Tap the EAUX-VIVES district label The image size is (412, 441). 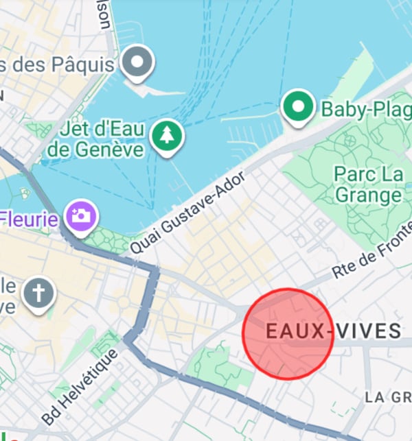coord(333,332)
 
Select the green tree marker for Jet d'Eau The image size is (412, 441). coord(165,136)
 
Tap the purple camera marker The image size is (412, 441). coord(81,216)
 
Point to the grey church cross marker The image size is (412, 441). coord(39,294)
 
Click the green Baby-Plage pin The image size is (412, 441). coord(297,107)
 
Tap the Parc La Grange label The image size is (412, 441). coord(369,184)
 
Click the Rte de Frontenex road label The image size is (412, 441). coord(371,253)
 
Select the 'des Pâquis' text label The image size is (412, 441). coord(58,65)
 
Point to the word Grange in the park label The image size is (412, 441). coord(369,195)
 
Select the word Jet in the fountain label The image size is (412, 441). coord(73,129)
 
